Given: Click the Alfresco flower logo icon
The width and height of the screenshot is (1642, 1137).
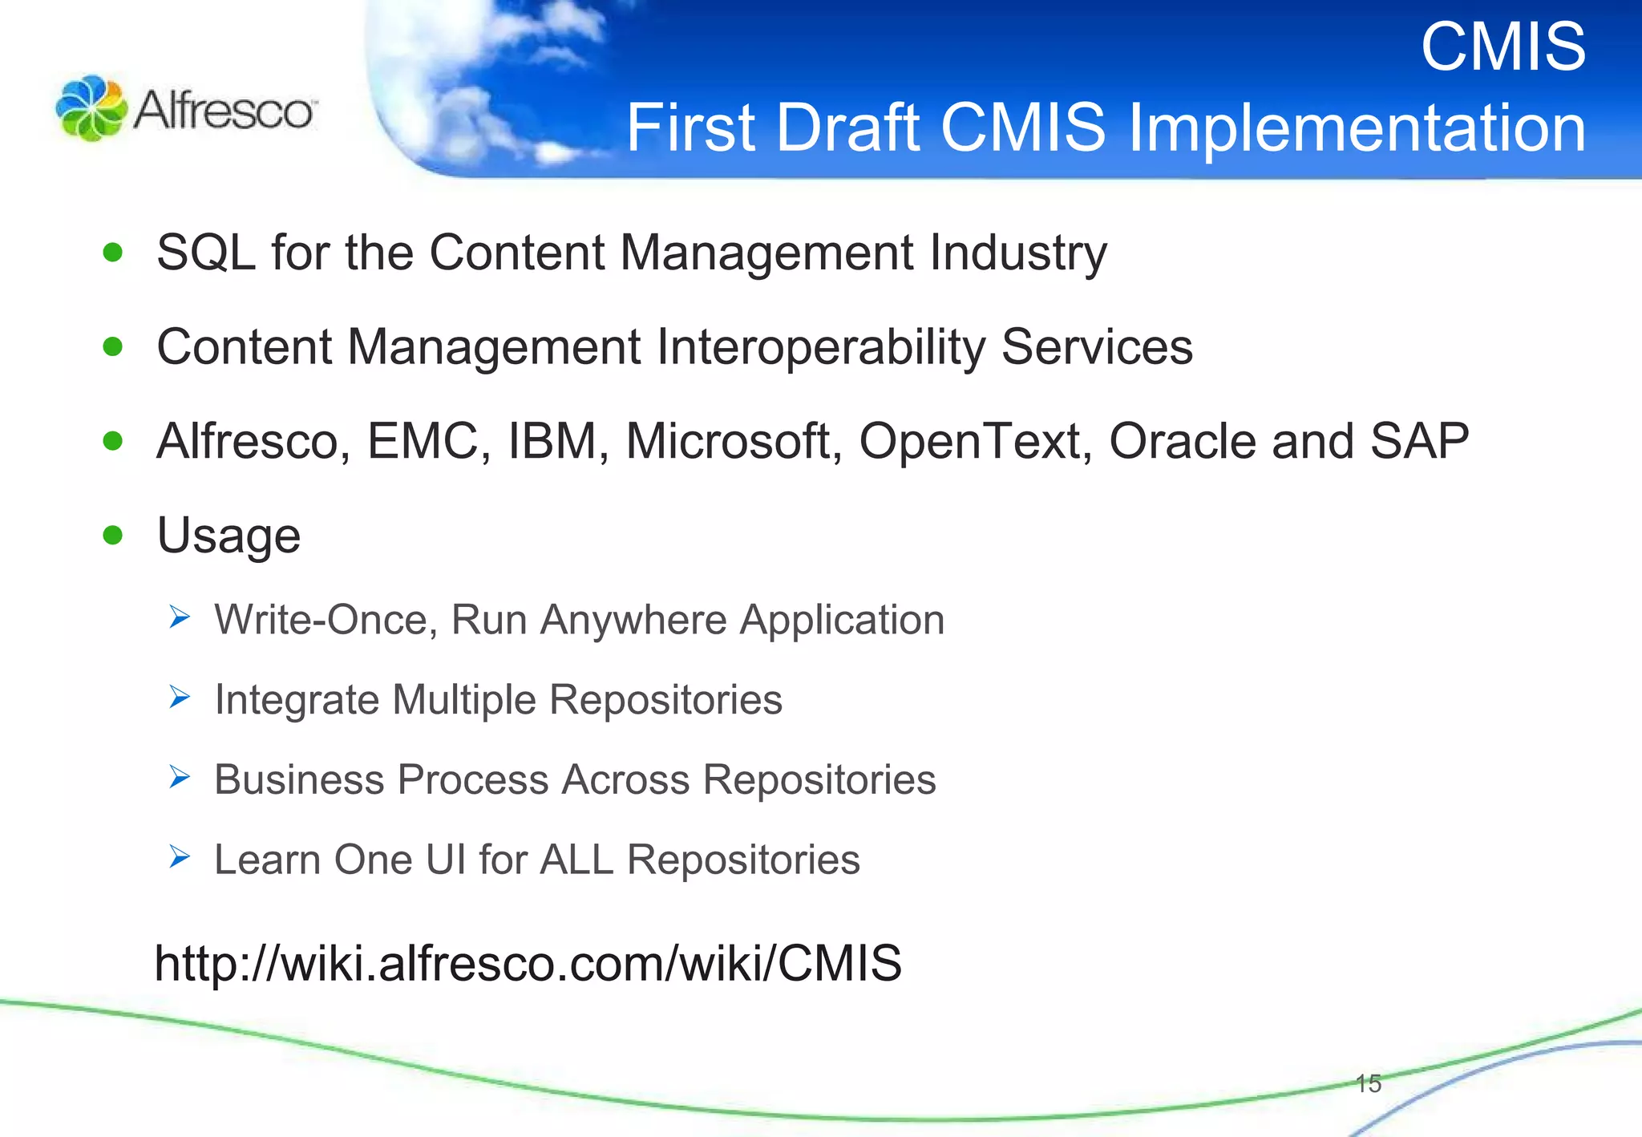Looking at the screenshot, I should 91,108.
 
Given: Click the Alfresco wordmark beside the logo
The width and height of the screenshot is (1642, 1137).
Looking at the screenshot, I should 224,110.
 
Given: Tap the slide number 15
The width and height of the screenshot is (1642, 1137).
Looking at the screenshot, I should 1368,1083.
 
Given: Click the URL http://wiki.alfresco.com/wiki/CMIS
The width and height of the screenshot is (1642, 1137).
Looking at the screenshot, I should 528,963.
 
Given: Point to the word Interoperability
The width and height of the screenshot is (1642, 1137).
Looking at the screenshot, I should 820,347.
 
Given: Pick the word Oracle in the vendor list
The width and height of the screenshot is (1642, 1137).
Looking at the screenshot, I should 1182,441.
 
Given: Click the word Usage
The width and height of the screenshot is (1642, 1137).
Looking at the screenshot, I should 229,536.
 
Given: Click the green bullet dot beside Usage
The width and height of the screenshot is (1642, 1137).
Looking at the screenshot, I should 113,535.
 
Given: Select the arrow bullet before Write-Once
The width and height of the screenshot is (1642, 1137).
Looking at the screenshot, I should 180,617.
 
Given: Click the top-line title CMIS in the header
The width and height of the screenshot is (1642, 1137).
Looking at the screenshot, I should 1502,47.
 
